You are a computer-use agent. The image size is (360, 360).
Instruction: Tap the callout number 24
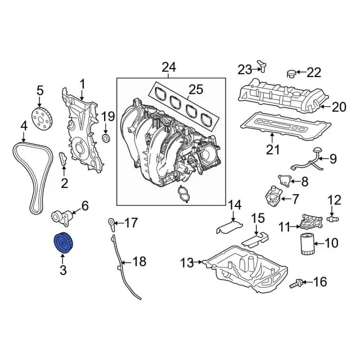[x=169, y=68]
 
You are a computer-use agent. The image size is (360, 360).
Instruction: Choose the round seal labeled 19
[x=106, y=138]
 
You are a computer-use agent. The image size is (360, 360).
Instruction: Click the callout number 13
[x=186, y=262]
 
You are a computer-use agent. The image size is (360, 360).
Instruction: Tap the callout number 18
[x=138, y=262]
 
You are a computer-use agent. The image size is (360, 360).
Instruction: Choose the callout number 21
[x=273, y=149]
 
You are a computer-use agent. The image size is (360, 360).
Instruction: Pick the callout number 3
[x=62, y=271]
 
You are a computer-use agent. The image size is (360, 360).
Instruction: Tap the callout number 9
[x=332, y=159]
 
